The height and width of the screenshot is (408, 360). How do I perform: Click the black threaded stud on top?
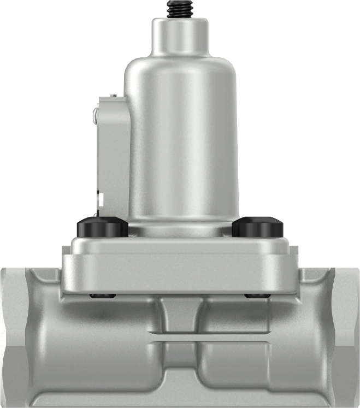click(180, 9)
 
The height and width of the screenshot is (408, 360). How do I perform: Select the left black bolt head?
click(103, 227)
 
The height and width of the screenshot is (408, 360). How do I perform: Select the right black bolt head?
click(258, 227)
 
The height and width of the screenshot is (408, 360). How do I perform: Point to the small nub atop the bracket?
click(114, 96)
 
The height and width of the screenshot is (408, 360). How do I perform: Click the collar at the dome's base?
click(180, 227)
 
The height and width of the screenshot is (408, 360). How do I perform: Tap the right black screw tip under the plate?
click(257, 296)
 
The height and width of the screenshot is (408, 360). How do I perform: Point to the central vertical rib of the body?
click(180, 339)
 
